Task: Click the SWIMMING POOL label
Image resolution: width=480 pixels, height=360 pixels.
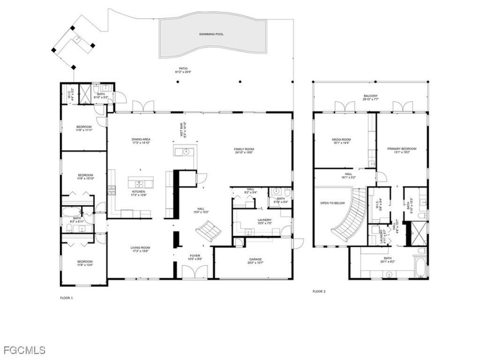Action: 211,34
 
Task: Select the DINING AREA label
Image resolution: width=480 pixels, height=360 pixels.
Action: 141,141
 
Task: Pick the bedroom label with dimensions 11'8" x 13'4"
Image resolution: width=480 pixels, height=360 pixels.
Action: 85,263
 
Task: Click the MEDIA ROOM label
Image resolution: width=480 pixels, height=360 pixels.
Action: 341,141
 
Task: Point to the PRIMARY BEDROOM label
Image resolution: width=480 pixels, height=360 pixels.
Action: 402,150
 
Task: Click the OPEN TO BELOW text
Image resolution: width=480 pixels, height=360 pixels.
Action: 332,202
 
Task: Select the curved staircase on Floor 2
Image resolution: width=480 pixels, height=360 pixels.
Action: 349,220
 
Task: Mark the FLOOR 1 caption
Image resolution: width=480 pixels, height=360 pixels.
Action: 66,298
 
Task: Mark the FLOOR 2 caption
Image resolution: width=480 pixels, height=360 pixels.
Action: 318,291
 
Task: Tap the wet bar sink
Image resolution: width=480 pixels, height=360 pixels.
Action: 186,151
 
